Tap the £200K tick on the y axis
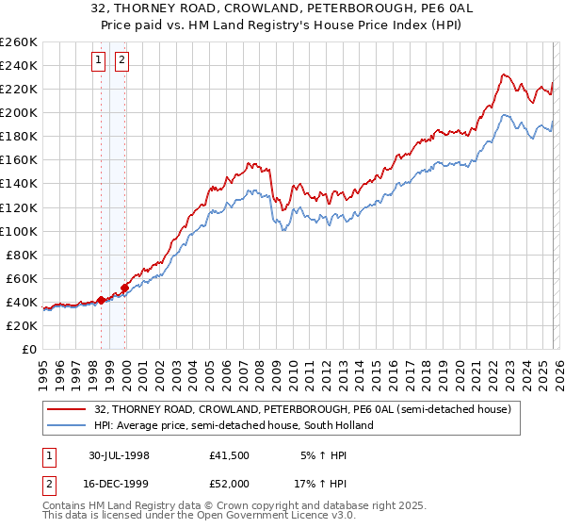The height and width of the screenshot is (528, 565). (x=18, y=112)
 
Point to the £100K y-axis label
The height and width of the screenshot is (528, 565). (x=18, y=231)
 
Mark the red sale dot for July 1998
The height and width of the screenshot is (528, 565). (x=101, y=300)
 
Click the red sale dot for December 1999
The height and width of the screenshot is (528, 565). (x=124, y=288)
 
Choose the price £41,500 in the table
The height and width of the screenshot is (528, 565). (x=230, y=454)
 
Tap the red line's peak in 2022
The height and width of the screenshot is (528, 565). (x=504, y=74)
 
